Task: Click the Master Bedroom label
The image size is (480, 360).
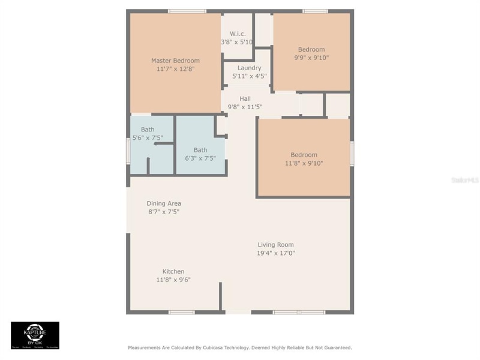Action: point(175,61)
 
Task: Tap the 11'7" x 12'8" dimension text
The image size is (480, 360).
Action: point(175,69)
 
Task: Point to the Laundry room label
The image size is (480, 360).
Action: point(249,68)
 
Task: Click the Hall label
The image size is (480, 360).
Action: point(245,98)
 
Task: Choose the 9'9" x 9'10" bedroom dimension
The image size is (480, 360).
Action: point(311,58)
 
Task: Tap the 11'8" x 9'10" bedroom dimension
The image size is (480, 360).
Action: point(304,163)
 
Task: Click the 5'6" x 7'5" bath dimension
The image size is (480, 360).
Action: point(147,138)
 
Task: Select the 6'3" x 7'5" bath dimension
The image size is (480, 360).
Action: point(200,158)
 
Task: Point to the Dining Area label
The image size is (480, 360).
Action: point(164,203)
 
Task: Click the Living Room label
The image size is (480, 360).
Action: point(275,244)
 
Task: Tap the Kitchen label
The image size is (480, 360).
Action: point(173,271)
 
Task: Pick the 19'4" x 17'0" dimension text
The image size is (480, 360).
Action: point(275,253)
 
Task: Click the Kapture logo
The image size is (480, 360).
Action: point(35,335)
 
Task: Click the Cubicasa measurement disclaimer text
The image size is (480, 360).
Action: point(239,347)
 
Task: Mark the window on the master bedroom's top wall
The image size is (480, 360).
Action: point(187,11)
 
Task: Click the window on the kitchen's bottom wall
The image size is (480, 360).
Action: point(181,312)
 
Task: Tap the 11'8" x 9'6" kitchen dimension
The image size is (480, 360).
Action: point(173,280)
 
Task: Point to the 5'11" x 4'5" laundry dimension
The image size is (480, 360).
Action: point(250,76)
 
